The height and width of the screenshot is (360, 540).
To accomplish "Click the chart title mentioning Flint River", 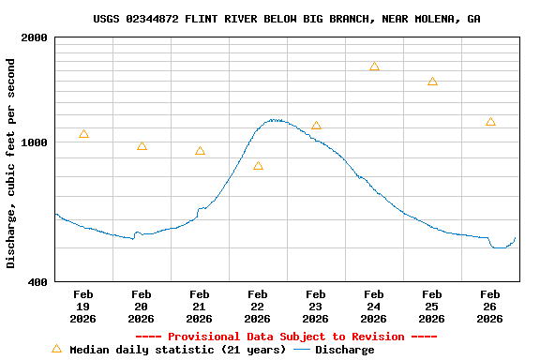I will [x=287, y=19].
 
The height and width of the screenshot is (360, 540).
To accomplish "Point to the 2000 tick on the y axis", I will [x=36, y=37].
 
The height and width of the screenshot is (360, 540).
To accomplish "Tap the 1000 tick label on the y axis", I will [x=36, y=142].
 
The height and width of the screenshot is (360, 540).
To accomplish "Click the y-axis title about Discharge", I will [x=11, y=163].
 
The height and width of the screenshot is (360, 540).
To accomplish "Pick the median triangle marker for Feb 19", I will [x=84, y=134].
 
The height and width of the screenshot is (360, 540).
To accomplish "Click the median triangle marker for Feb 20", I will [x=142, y=146].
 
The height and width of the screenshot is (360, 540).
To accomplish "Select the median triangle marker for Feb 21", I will [x=200, y=151].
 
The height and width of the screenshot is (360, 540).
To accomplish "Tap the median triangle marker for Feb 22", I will [x=258, y=166].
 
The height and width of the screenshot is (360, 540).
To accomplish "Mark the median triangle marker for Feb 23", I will [x=316, y=126].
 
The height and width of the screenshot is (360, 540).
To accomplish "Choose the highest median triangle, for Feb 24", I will [x=374, y=67].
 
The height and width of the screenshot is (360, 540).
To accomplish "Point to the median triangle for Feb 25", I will [x=432, y=82].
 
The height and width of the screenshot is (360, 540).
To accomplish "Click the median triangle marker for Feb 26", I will [x=490, y=122].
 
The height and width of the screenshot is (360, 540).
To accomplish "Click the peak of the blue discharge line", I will [x=274, y=119].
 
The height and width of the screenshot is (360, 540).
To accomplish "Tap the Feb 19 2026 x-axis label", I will [x=83, y=307].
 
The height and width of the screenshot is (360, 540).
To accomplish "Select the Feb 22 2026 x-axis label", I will [x=258, y=307].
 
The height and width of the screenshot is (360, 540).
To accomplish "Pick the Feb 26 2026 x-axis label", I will [x=490, y=307].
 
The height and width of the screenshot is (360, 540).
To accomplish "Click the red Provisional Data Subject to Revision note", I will [x=286, y=337].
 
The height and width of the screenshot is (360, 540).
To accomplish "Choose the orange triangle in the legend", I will [x=56, y=349].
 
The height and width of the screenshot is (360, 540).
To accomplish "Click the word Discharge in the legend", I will [x=344, y=350].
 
